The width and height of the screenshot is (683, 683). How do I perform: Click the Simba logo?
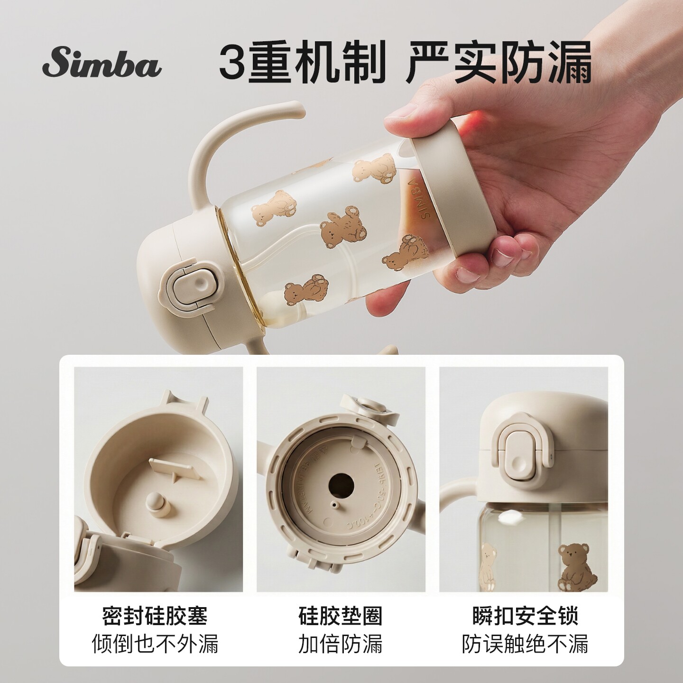click(x=102, y=65)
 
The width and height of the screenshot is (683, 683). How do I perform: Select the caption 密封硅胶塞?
click(x=155, y=616)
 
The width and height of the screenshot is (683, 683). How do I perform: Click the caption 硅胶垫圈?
click(x=341, y=616)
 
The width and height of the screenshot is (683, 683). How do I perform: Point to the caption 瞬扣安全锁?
click(x=526, y=616)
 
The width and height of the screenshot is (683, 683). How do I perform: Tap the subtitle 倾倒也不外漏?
click(x=155, y=644)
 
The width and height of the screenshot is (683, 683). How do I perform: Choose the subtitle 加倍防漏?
click(x=341, y=644)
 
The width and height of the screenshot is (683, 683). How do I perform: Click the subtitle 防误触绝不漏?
click(x=526, y=644)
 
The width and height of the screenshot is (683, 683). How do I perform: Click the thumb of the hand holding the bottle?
click(x=413, y=114)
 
